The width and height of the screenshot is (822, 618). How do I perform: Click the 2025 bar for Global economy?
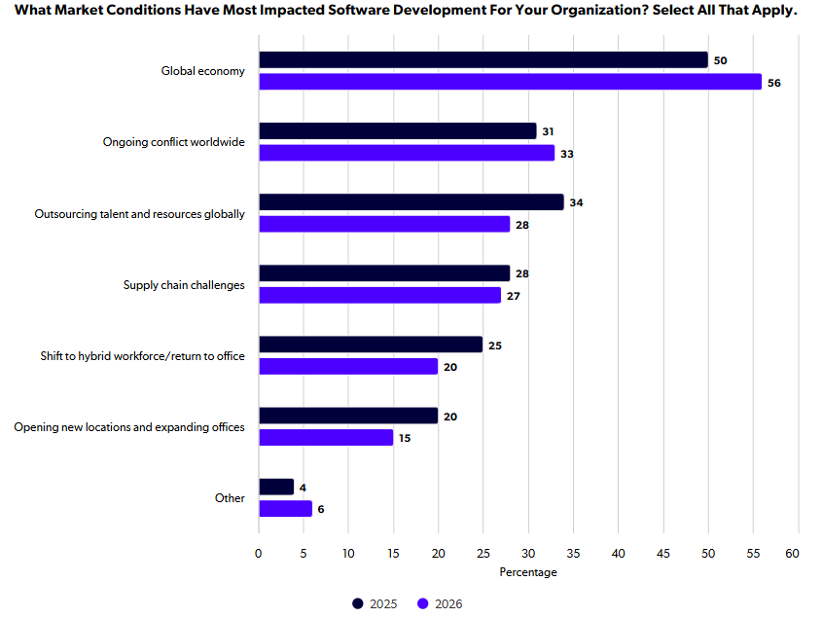pyautogui.click(x=483, y=59)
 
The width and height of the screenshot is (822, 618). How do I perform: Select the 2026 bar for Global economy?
pyautogui.click(x=510, y=82)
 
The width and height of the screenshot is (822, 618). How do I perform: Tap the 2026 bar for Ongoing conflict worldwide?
pyautogui.click(x=407, y=153)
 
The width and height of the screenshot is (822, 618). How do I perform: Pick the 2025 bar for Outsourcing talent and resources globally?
pyautogui.click(x=411, y=202)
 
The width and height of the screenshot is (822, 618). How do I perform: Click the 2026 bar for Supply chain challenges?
pyautogui.click(x=380, y=295)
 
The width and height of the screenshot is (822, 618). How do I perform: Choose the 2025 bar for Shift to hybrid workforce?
pyautogui.click(x=371, y=345)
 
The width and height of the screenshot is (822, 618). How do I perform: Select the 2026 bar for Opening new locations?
pyautogui.click(x=326, y=437)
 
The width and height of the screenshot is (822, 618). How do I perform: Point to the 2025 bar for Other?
pyautogui.click(x=276, y=487)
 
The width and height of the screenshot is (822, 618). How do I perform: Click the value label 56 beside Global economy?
pyautogui.click(x=773, y=83)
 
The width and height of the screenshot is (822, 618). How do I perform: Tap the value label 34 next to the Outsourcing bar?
pyautogui.click(x=576, y=202)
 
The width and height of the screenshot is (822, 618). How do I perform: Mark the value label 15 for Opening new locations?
pyautogui.click(x=405, y=438)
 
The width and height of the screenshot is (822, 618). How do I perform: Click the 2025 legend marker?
pyautogui.click(x=358, y=603)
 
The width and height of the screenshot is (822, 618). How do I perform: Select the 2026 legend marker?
pyautogui.click(x=422, y=603)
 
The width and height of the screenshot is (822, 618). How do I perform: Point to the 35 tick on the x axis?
pyautogui.click(x=574, y=554)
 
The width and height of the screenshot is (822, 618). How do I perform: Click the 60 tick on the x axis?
pyautogui.click(x=792, y=554)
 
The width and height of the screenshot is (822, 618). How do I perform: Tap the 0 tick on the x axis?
pyautogui.click(x=259, y=554)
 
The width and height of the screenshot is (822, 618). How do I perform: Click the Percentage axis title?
pyautogui.click(x=528, y=572)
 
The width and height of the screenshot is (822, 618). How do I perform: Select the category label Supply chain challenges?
pyautogui.click(x=184, y=285)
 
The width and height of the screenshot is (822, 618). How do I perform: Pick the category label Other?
pyautogui.click(x=230, y=498)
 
